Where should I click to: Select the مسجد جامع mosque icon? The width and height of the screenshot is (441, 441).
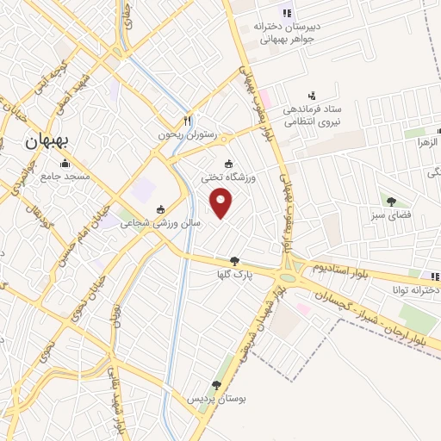[x=63, y=163]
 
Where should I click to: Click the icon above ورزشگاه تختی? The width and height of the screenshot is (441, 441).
[x=228, y=164]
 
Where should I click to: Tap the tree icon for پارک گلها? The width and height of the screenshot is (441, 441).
[x=234, y=261]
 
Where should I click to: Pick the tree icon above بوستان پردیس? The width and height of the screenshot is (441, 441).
[x=215, y=385]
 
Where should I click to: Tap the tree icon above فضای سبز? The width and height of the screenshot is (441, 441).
[x=392, y=202]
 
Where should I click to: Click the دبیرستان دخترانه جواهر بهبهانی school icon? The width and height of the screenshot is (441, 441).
[x=287, y=12]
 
